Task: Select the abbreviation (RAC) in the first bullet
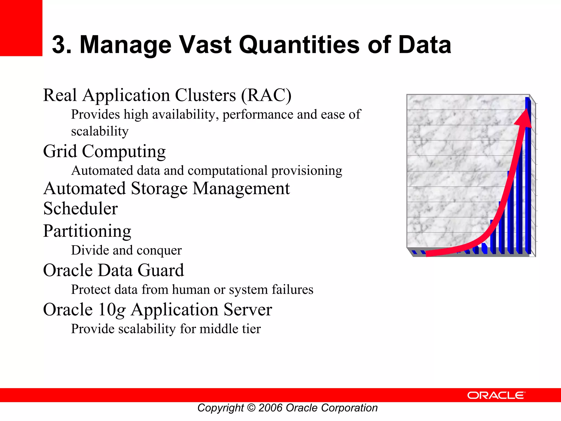pyautogui.click(x=266, y=95)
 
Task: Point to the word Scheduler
pyautogui.click(x=81, y=208)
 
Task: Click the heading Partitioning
pyautogui.click(x=87, y=231)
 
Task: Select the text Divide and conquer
pyautogui.click(x=126, y=250)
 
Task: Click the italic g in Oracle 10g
pyautogui.click(x=121, y=310)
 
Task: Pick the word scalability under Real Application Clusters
pyautogui.click(x=100, y=131)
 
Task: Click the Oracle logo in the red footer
pyautogui.click(x=496, y=395)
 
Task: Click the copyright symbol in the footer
pyautogui.click(x=251, y=408)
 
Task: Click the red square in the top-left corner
pyautogui.click(x=21, y=28)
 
